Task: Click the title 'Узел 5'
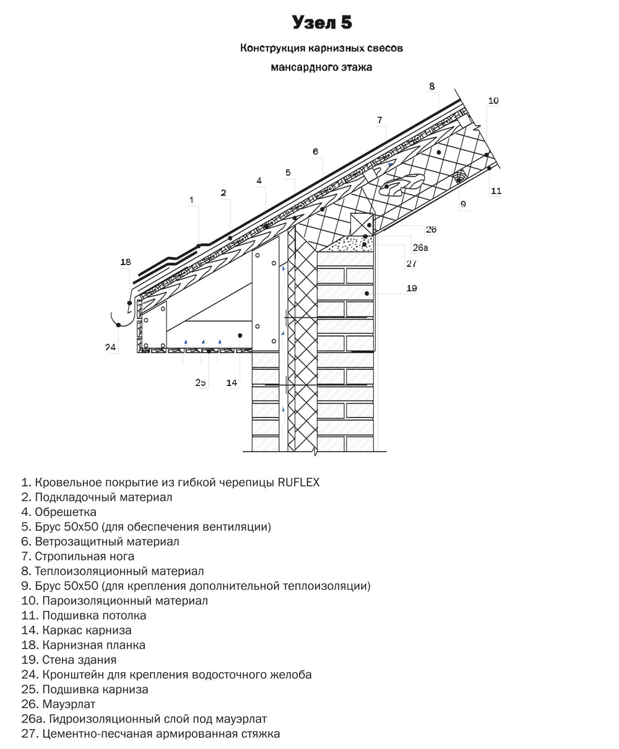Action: point(322,23)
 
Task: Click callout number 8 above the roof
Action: point(432,87)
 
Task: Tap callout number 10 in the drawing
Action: point(493,100)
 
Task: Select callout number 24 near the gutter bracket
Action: point(110,347)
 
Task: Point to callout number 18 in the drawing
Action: point(126,262)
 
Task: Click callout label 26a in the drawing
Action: point(420,248)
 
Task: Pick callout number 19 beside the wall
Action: point(412,288)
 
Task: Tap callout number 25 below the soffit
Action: point(201,382)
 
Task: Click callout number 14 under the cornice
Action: point(232,383)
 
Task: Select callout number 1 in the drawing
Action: point(191,199)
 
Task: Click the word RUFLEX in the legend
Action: point(299,482)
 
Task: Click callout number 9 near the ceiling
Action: point(463,203)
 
